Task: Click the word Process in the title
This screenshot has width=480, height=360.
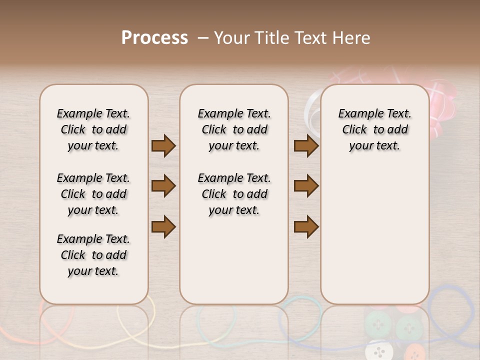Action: click(154, 38)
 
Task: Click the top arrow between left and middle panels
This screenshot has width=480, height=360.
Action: click(163, 146)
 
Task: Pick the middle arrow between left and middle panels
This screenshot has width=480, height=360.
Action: click(163, 186)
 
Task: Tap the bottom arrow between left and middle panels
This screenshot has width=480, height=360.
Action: click(163, 226)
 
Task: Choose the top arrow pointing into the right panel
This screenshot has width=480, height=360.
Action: click(306, 146)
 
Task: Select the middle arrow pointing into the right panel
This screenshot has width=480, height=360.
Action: click(306, 186)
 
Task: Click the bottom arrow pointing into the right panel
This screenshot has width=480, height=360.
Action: click(306, 226)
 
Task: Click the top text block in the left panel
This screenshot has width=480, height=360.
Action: click(93, 129)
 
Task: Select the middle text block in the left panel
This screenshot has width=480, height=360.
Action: click(93, 194)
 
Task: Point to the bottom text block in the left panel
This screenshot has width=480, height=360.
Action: click(93, 255)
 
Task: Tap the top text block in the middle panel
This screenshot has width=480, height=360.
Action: click(234, 129)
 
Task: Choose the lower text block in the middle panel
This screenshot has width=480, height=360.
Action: click(234, 194)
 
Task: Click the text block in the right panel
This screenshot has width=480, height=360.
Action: click(374, 129)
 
